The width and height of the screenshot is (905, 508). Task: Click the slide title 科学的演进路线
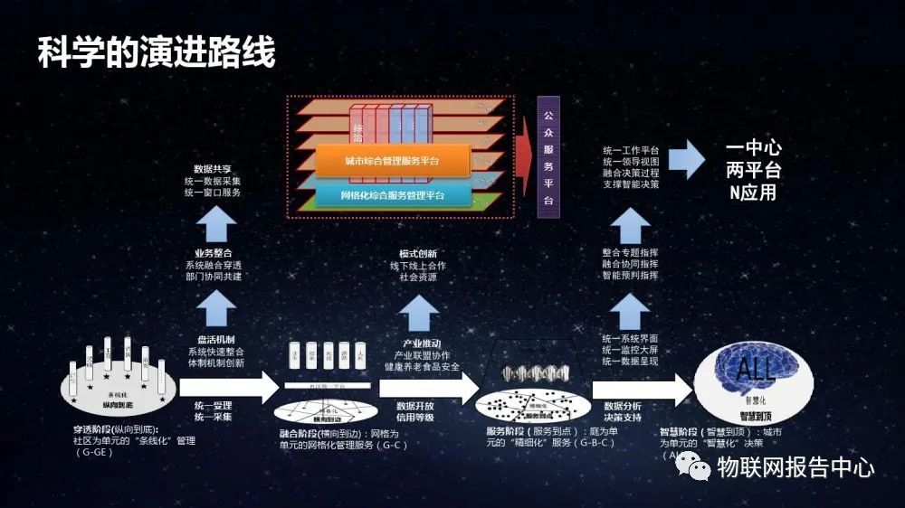pos(156,53)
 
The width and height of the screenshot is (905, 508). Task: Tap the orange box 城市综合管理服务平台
pos(392,161)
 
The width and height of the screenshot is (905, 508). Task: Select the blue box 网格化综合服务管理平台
pos(392,195)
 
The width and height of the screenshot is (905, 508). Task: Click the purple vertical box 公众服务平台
pos(548,157)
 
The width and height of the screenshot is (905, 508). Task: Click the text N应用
pos(753,193)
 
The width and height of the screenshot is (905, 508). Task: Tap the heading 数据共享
pos(212,169)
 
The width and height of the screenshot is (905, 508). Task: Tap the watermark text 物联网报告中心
pos(795,468)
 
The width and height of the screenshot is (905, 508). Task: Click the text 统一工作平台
pos(631,150)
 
